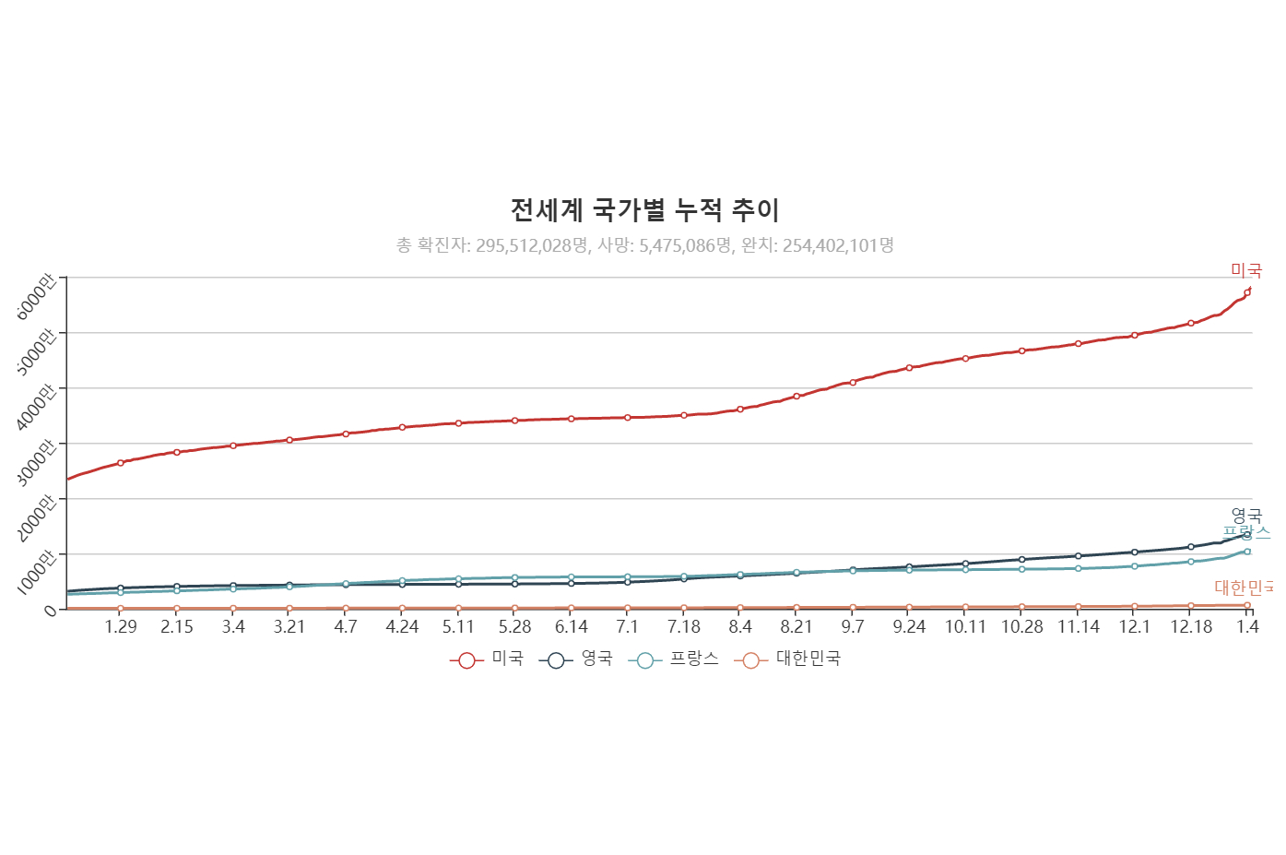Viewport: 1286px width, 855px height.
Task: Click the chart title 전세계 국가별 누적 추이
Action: (x=644, y=210)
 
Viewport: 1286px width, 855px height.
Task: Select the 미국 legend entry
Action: (x=487, y=659)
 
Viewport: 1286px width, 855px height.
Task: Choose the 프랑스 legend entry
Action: (x=673, y=659)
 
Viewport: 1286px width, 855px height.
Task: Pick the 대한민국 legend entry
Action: (x=787, y=659)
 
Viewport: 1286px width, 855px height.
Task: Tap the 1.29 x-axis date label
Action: (x=121, y=627)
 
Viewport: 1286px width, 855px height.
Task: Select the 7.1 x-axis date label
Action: (x=627, y=627)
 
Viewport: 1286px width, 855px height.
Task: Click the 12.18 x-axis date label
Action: (x=1191, y=627)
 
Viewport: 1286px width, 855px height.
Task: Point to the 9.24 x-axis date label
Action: (x=909, y=627)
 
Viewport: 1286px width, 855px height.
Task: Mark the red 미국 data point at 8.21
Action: (x=796, y=397)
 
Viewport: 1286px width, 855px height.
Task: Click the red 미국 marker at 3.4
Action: (x=233, y=445)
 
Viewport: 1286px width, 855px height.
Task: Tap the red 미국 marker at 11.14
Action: (x=1079, y=344)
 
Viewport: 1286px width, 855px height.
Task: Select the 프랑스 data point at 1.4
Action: (x=1247, y=552)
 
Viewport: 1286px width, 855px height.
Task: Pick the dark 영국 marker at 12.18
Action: (x=1191, y=547)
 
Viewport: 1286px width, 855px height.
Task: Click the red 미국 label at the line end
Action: (x=1246, y=270)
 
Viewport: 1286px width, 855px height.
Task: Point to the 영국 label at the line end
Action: (x=1246, y=516)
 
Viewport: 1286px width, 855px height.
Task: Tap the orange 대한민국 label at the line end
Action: (x=1244, y=588)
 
